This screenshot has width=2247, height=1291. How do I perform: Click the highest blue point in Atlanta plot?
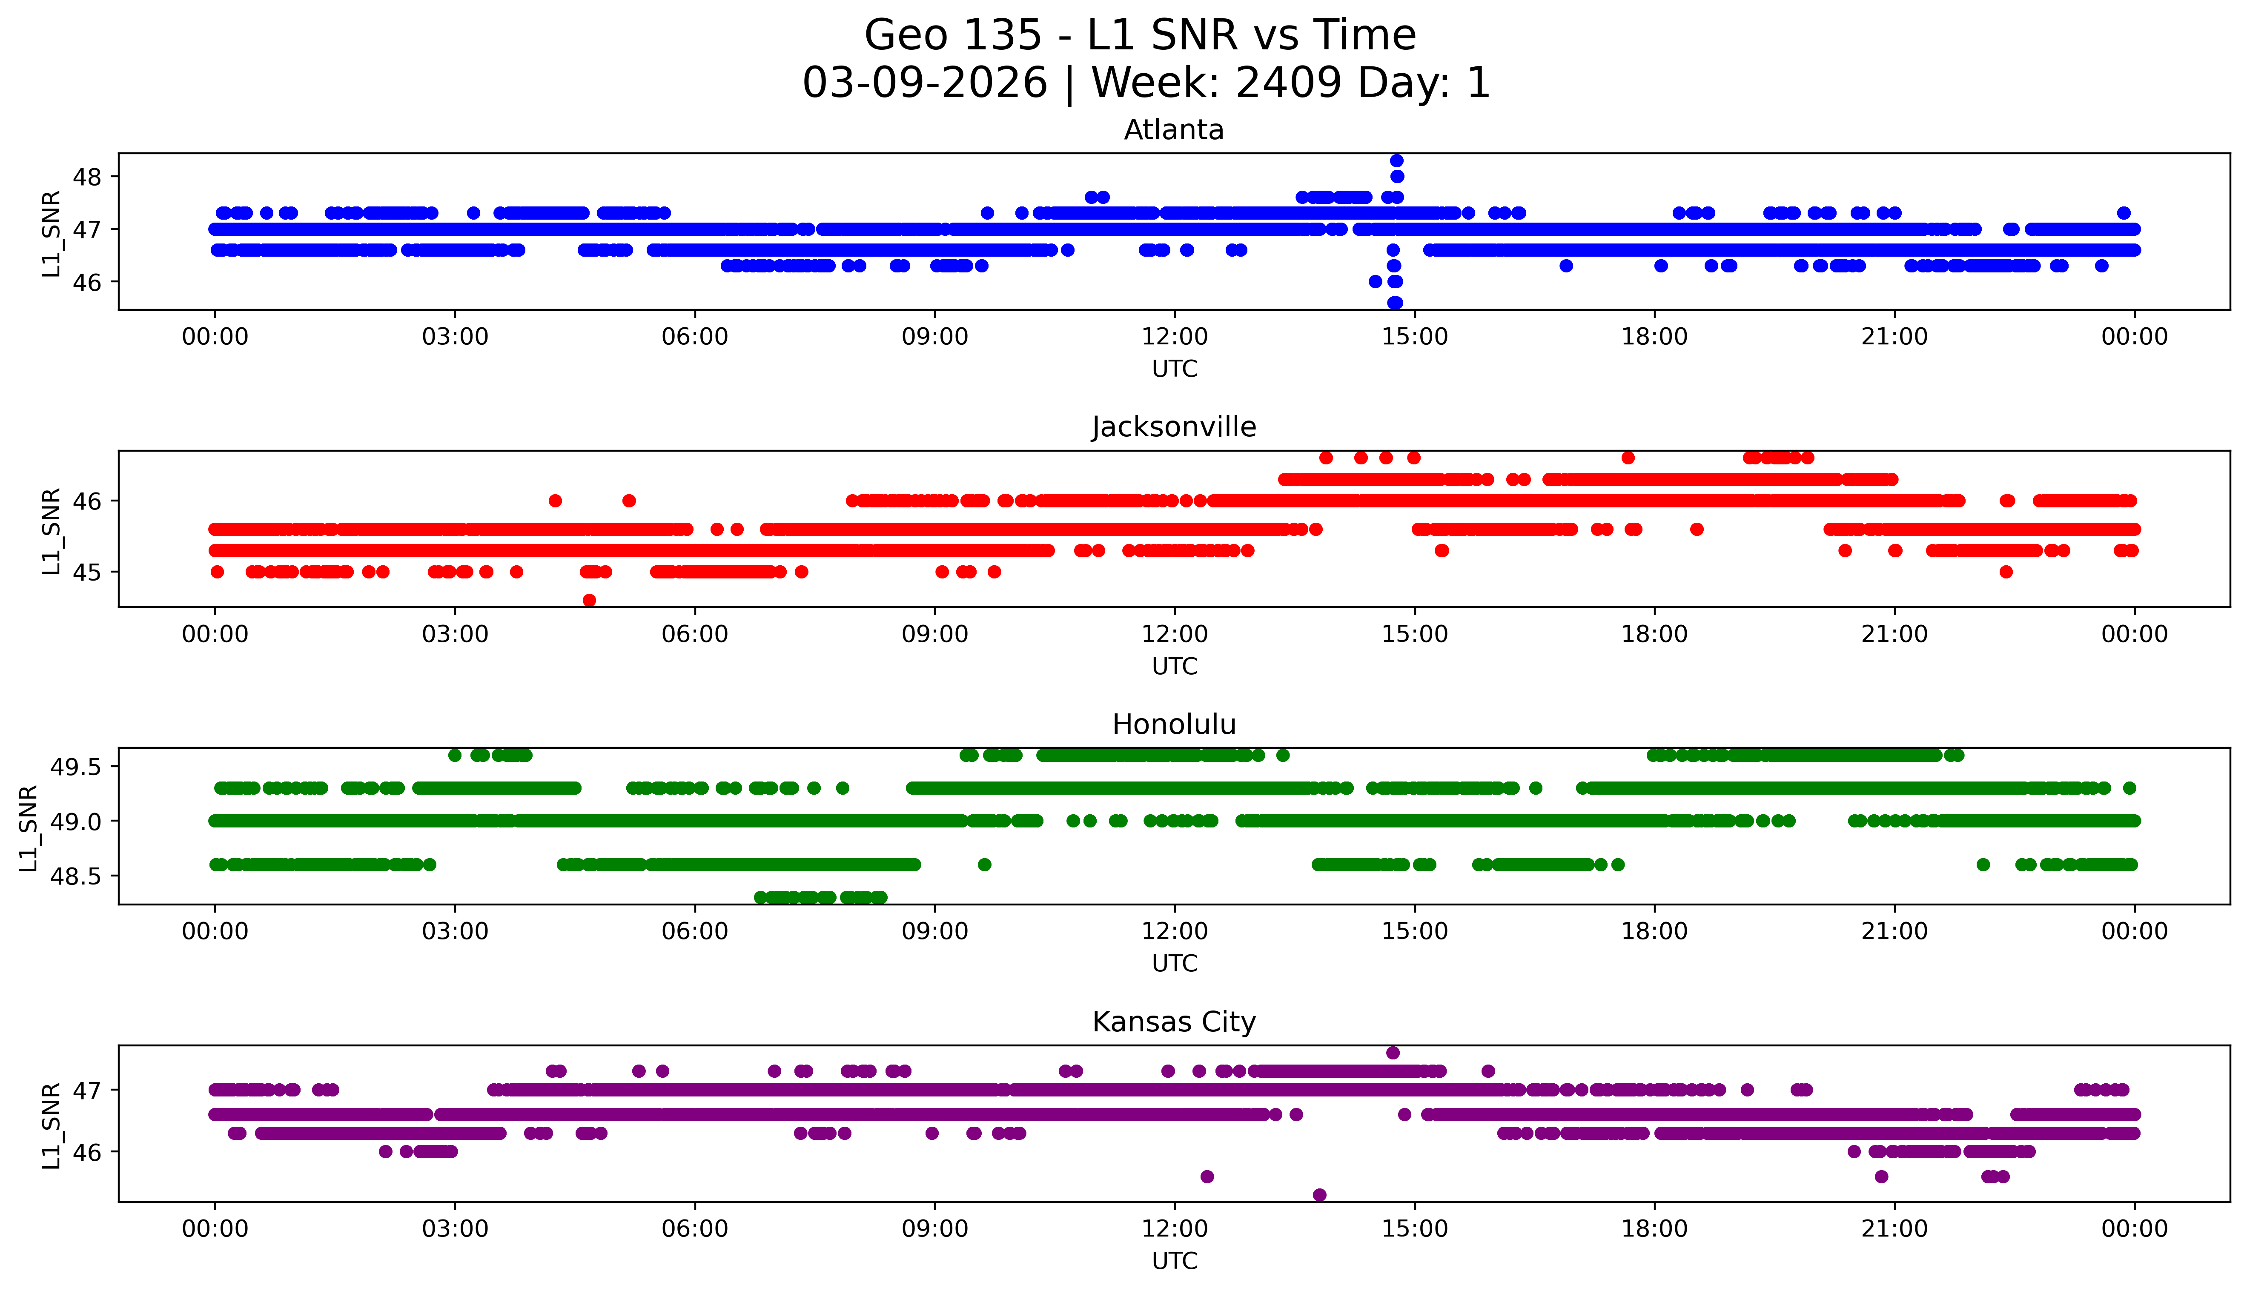(x=1397, y=160)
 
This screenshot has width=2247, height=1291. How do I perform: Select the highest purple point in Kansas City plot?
(x=1393, y=1053)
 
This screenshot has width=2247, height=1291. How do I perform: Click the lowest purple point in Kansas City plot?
(x=1319, y=1195)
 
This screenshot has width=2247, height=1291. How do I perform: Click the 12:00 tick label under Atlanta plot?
(x=1174, y=337)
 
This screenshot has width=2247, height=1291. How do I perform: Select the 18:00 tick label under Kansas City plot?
(x=1655, y=1229)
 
